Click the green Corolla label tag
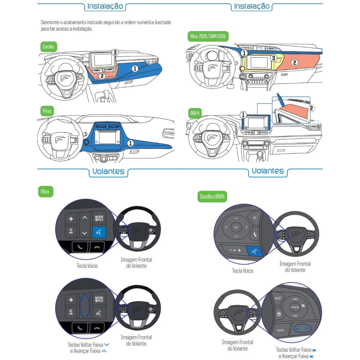(x=49, y=47)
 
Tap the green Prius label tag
(x=47, y=111)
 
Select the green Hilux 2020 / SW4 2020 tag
(x=208, y=36)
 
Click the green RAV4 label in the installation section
(x=195, y=113)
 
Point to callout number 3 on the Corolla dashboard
(x=115, y=52)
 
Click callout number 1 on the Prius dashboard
(x=130, y=143)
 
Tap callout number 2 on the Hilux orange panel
(x=295, y=62)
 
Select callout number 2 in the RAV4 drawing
(x=311, y=108)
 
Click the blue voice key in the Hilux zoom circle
(x=99, y=232)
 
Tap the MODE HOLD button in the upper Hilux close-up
(x=99, y=218)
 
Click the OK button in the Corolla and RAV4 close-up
(x=236, y=227)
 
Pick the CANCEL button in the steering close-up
(x=295, y=307)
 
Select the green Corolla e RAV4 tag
(x=212, y=197)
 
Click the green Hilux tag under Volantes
(x=45, y=191)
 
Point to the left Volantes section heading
(x=108, y=172)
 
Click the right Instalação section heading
(x=252, y=6)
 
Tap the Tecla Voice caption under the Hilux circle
(x=87, y=266)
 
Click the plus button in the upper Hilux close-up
(x=71, y=219)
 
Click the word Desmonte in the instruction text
(x=50, y=22)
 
